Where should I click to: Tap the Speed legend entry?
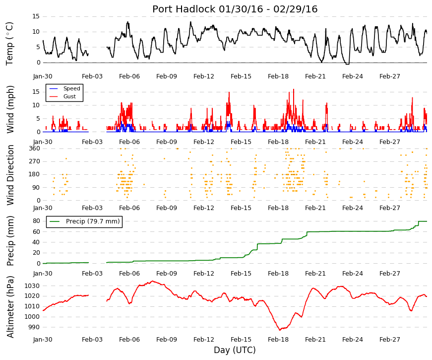tap(71, 88)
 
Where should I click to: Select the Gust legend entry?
tap(69, 96)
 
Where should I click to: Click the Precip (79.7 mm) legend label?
tap(93, 221)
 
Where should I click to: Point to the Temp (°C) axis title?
tap(9, 44)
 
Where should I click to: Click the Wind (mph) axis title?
tap(10, 110)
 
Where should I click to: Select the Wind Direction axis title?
tap(10, 175)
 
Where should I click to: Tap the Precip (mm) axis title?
tap(10, 241)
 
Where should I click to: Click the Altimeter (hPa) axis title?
tap(10, 306)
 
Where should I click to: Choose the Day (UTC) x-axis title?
tap(235, 350)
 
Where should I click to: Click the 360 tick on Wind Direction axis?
tap(34, 148)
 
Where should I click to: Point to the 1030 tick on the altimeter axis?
tap(32, 286)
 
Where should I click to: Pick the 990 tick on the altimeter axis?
tap(34, 327)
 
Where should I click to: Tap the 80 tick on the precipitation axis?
tap(36, 221)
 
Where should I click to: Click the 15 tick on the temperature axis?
tap(36, 16)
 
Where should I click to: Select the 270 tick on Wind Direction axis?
tap(34, 161)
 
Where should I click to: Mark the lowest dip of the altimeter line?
tap(280, 330)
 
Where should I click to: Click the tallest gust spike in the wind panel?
tap(294, 89)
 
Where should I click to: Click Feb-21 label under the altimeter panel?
tap(315, 340)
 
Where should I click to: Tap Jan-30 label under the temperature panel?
tap(43, 76)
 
